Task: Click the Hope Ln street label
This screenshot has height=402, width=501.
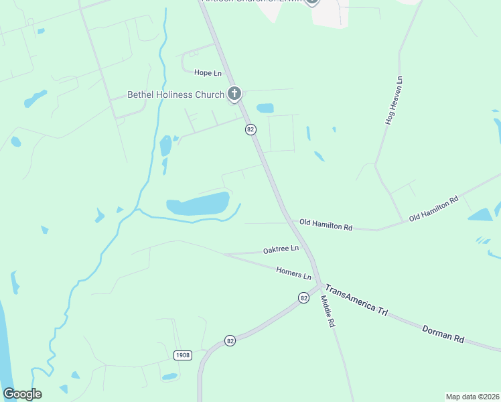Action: (208, 72)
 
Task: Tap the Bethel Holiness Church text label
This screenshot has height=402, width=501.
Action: (176, 94)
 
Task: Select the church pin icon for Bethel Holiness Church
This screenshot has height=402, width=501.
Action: (234, 94)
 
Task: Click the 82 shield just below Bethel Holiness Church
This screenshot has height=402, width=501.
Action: (250, 129)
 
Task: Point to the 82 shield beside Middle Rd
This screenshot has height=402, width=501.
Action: (303, 297)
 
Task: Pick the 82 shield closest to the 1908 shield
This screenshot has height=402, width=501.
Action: (230, 340)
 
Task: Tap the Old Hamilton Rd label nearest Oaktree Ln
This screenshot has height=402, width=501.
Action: (326, 225)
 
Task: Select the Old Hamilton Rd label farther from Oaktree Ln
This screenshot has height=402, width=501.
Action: (433, 208)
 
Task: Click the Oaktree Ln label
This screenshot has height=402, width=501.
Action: (281, 249)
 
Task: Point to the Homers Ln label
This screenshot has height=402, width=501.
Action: (294, 273)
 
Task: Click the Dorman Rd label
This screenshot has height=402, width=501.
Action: (443, 334)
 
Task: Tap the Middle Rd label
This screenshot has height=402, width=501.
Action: (327, 312)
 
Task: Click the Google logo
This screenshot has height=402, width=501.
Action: (22, 394)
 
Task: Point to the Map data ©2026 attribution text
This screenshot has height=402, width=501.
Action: (472, 397)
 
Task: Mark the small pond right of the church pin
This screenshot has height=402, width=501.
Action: (265, 108)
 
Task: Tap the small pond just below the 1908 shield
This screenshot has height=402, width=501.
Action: (169, 377)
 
